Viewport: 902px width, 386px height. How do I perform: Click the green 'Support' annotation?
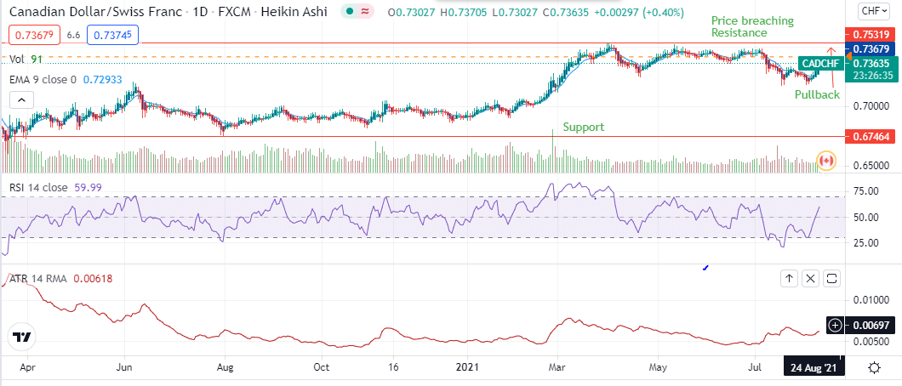point(583,127)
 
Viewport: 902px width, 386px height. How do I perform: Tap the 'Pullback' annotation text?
point(817,94)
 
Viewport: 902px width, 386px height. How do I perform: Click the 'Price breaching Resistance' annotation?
point(752,26)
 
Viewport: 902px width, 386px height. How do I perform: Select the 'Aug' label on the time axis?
point(225,368)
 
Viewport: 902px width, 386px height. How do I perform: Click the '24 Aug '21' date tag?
point(812,368)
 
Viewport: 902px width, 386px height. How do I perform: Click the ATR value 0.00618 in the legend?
point(94,278)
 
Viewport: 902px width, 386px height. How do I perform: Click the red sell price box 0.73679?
point(31,35)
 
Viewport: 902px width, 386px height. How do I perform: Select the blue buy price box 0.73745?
point(117,35)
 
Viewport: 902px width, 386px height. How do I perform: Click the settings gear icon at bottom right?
point(874,367)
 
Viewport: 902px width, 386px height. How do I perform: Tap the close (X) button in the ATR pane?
point(810,278)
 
